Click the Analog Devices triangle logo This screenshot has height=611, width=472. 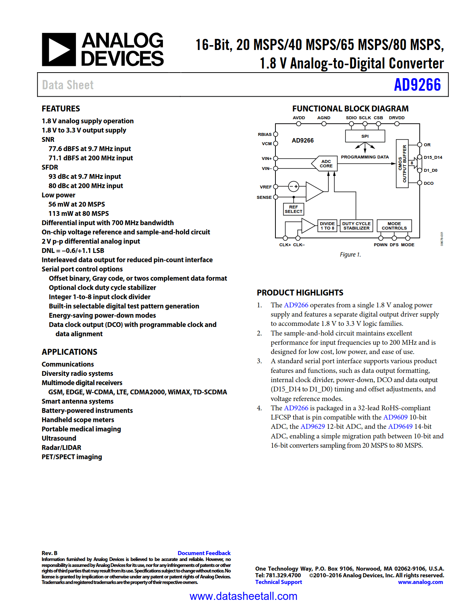tap(59, 50)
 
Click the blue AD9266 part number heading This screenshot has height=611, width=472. tap(417, 85)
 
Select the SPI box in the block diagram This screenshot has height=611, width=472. tap(365, 136)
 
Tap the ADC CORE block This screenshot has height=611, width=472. tap(325, 164)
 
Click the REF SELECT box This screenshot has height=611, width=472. tap(294, 209)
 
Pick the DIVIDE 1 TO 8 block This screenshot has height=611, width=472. tap(327, 226)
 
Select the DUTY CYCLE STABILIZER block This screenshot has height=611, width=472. tap(356, 226)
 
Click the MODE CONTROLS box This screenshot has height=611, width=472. tap(394, 226)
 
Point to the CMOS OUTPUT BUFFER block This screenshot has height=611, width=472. tap(402, 164)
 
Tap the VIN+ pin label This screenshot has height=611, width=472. tap(267, 158)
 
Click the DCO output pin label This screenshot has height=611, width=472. tap(428, 183)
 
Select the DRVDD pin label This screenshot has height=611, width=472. tap(396, 118)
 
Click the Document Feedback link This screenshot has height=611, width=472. tap(204, 553)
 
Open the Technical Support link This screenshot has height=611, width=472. tap(278, 582)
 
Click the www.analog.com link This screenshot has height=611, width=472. tap(420, 582)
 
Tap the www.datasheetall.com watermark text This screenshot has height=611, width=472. tap(243, 596)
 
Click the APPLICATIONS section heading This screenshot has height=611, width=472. tap(69, 352)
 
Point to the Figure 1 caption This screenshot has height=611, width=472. tap(350, 254)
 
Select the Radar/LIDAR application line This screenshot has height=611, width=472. tap(61, 447)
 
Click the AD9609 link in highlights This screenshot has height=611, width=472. tap(395, 417)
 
